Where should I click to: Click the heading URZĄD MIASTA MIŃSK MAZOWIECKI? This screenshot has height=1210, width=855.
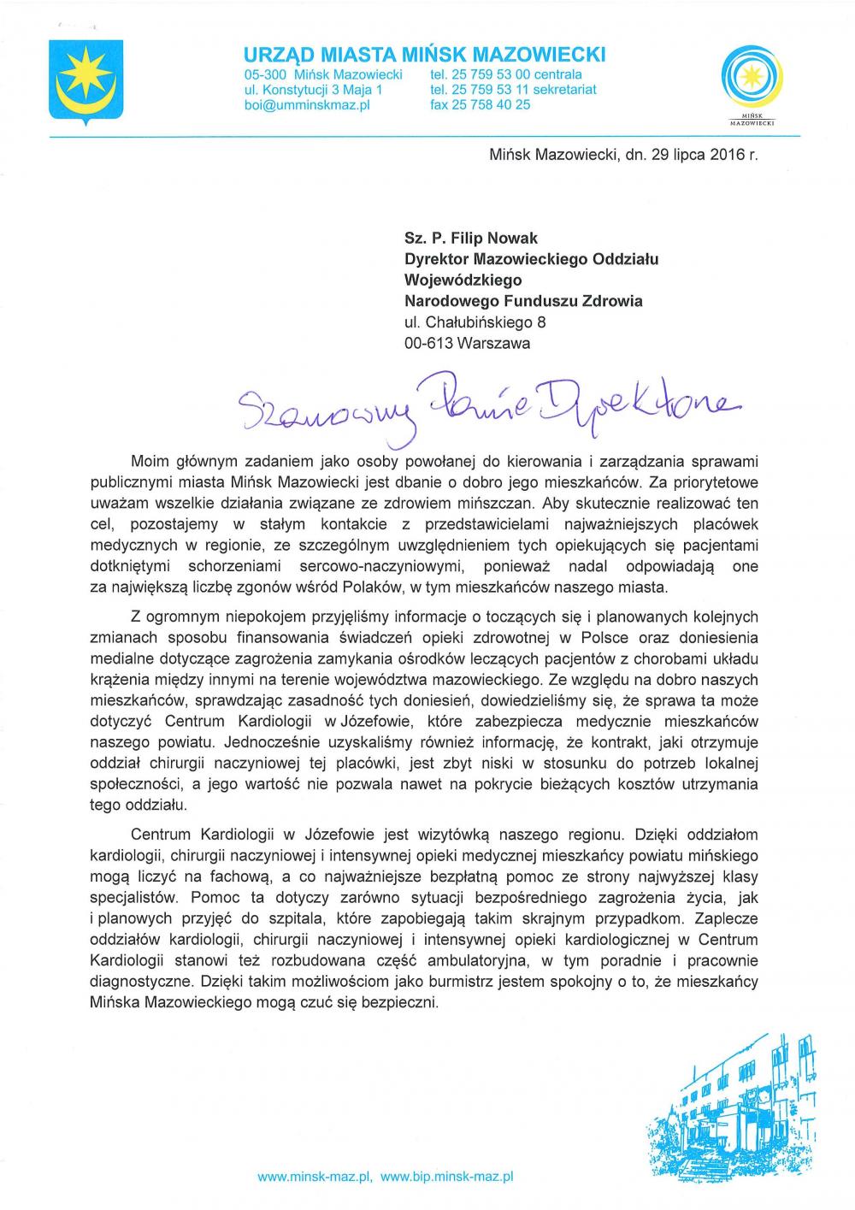click(425, 55)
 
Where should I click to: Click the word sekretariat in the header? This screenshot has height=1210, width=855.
click(558, 89)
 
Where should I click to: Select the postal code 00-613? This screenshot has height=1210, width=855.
click(428, 343)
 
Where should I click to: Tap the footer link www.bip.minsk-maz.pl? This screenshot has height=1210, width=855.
click(446, 1177)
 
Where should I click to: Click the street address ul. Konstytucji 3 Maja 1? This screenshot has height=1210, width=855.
click(313, 89)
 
